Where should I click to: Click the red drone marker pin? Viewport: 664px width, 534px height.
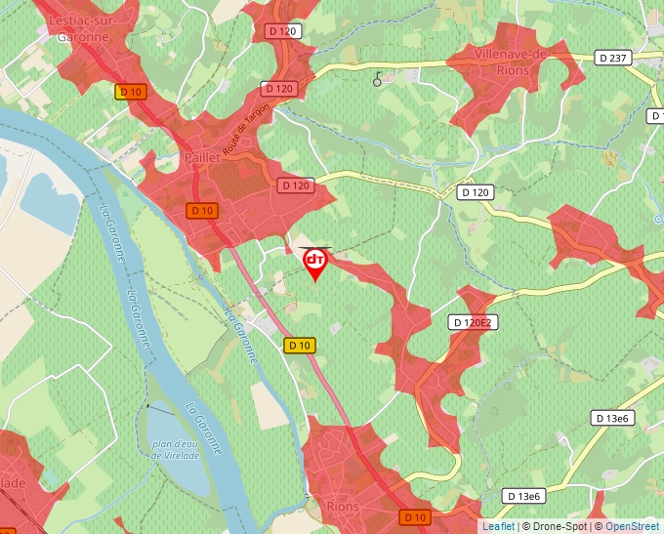[315, 263]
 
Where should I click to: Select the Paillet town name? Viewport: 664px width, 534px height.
[202, 156]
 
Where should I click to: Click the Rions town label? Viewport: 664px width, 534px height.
[344, 508]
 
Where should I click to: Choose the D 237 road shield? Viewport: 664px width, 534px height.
[612, 58]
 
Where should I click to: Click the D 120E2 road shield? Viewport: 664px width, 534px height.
[475, 322]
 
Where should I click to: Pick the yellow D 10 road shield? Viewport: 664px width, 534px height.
[301, 345]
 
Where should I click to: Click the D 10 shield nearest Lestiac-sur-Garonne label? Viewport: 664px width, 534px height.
[130, 92]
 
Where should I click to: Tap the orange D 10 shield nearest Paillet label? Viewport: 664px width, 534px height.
[202, 210]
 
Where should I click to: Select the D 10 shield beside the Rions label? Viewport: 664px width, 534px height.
[415, 516]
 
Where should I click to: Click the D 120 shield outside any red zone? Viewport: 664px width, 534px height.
[475, 192]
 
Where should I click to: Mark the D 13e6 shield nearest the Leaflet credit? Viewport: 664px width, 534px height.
[524, 497]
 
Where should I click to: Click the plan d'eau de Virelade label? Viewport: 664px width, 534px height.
[176, 450]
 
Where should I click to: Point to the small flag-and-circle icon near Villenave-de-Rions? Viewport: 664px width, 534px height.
[378, 80]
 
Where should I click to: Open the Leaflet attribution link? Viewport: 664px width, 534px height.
[498, 526]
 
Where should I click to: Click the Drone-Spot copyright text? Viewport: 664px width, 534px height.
[556, 526]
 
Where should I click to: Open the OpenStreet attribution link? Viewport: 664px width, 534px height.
[632, 526]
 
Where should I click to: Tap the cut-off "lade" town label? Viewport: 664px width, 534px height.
[12, 482]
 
